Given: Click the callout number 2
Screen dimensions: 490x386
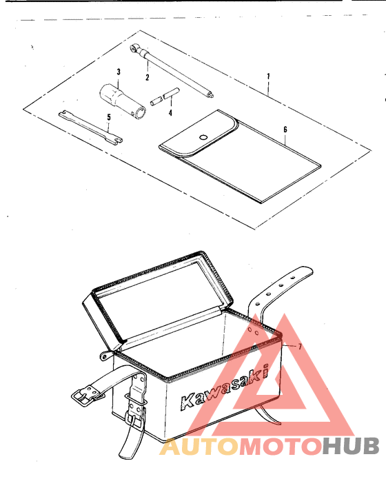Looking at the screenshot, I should pyautogui.click(x=147, y=77).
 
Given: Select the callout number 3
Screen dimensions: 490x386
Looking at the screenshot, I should pyautogui.click(x=119, y=72).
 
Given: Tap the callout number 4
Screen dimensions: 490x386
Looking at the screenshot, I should pyautogui.click(x=170, y=112).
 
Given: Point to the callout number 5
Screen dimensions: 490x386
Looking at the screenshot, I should pyautogui.click(x=108, y=117).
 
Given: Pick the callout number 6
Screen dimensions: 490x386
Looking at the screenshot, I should pyautogui.click(x=285, y=128).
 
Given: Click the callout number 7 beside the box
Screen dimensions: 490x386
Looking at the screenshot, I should pyautogui.click(x=300, y=345).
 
